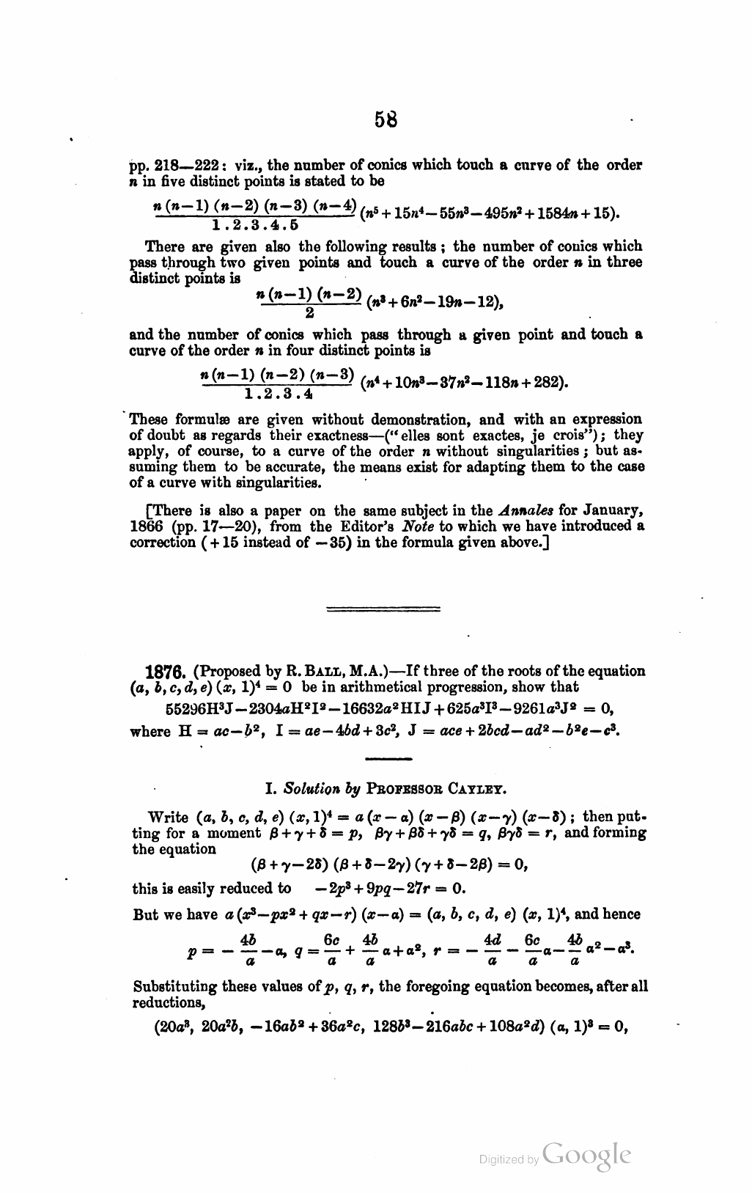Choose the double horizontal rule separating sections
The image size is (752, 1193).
383,609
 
